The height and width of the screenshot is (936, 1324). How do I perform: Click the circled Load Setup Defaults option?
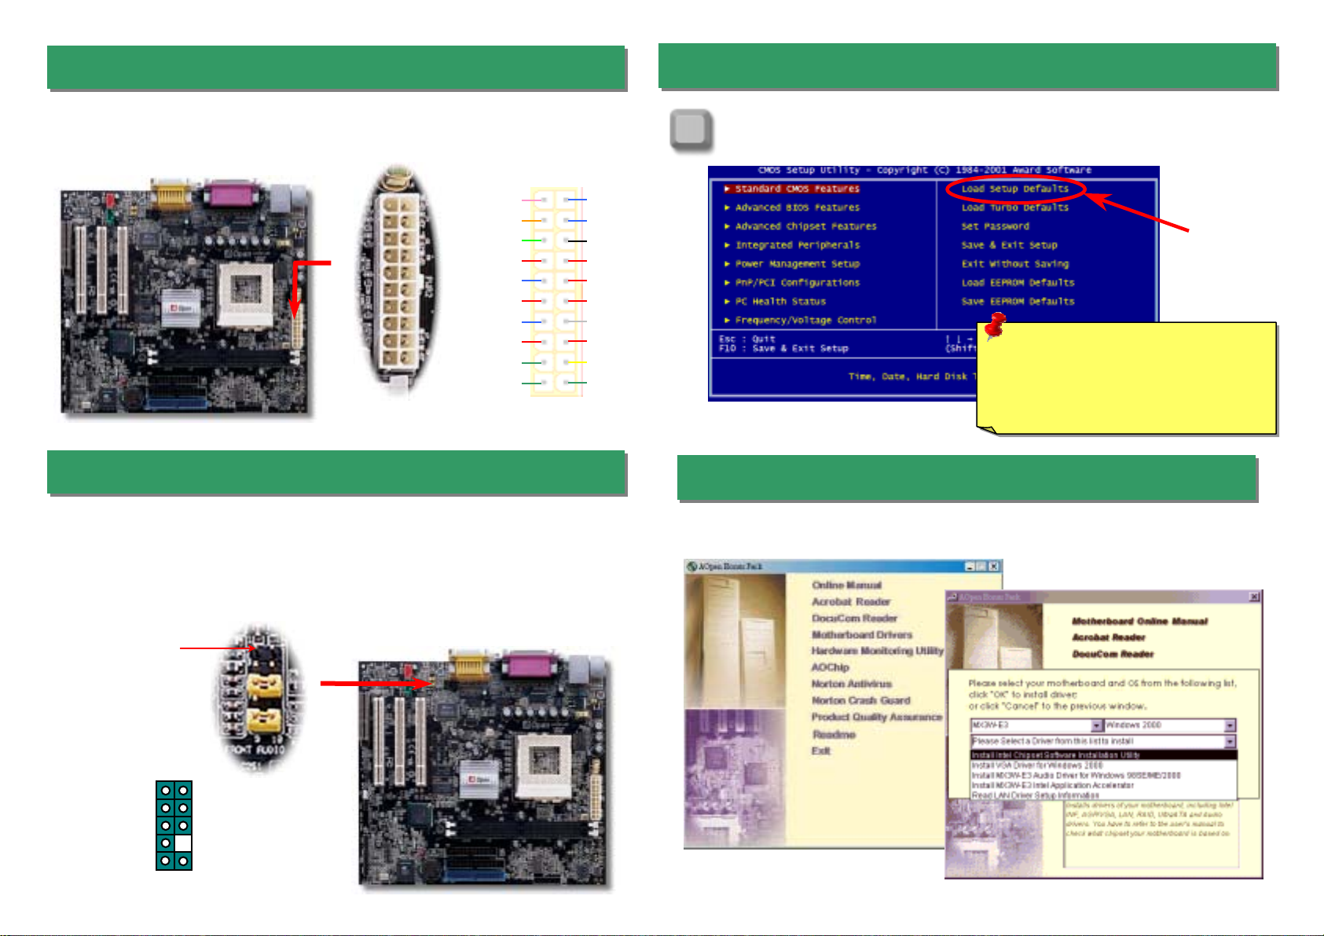point(1014,189)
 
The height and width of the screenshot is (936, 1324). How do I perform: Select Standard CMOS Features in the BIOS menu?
point(797,189)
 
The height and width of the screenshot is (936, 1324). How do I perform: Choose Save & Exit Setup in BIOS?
point(1009,245)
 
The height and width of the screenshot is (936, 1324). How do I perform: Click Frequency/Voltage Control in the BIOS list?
point(805,320)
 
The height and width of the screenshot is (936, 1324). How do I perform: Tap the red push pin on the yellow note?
point(995,325)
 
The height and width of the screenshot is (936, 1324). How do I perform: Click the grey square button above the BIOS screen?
point(691,130)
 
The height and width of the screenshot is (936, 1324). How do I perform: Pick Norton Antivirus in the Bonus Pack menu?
point(851,684)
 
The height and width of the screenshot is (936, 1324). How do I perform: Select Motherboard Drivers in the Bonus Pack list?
point(861,634)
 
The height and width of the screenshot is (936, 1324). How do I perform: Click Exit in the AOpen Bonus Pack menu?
point(820,751)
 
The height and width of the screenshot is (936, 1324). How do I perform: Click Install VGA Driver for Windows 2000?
point(1036,765)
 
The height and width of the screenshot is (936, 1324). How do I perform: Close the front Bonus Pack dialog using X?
point(1254,597)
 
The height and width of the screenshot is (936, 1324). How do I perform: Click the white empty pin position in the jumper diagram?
point(183,843)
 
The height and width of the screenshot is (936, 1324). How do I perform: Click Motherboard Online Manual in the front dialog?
point(1139,621)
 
